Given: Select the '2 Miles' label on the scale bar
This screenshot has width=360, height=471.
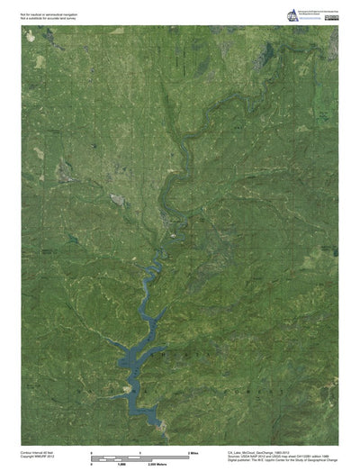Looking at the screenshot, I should pyautogui.click(x=191, y=450).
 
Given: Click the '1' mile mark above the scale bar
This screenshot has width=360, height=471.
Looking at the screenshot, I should pyautogui.click(x=140, y=450).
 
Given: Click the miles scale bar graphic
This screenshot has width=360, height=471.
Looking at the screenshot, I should pyautogui.click(x=140, y=456).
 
